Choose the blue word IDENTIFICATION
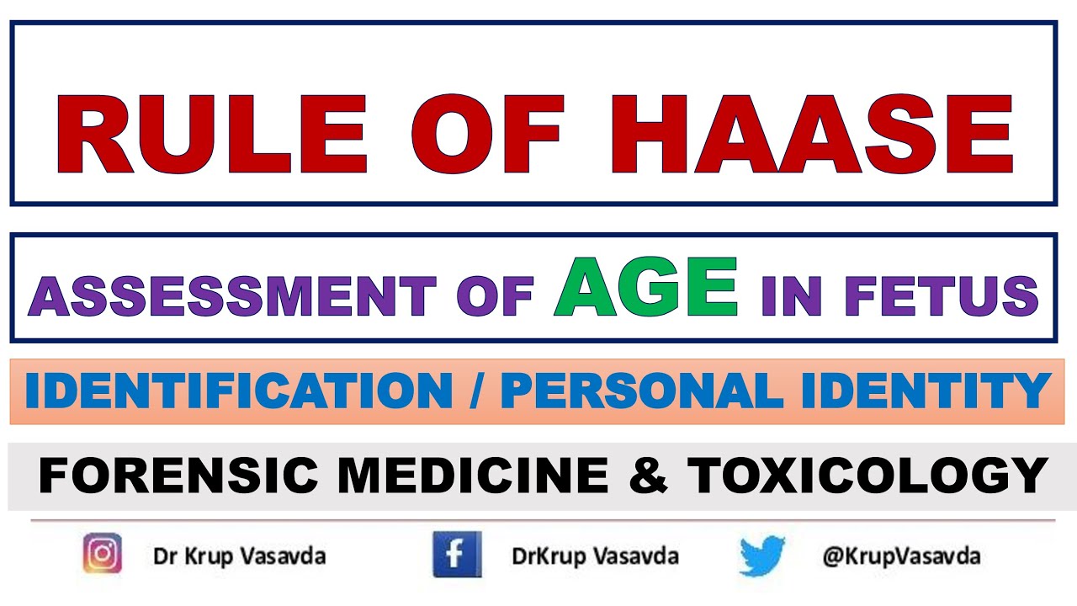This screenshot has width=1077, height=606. pyautogui.click(x=239, y=391)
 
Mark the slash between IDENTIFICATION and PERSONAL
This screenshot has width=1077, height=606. pyautogui.click(x=476, y=391)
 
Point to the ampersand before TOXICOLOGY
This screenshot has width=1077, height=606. pyautogui.click(x=647, y=476)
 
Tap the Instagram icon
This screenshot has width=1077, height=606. pyautogui.click(x=103, y=555)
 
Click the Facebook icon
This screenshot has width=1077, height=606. pyautogui.click(x=457, y=555)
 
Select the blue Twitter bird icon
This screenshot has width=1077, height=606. pyautogui.click(x=762, y=556)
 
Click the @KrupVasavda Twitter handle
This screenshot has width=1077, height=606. pyautogui.click(x=901, y=556)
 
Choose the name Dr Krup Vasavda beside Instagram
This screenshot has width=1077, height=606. pyautogui.click(x=239, y=556)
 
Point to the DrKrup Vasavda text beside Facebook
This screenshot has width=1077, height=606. pyautogui.click(x=595, y=556)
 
